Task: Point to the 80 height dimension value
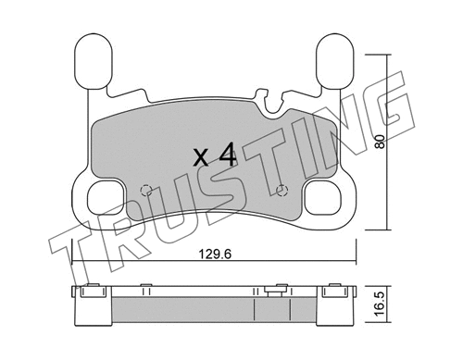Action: pyautogui.click(x=379, y=143)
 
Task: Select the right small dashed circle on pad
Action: pyautogui.click(x=282, y=192)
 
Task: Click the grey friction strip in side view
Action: pyautogui.click(x=212, y=306)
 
